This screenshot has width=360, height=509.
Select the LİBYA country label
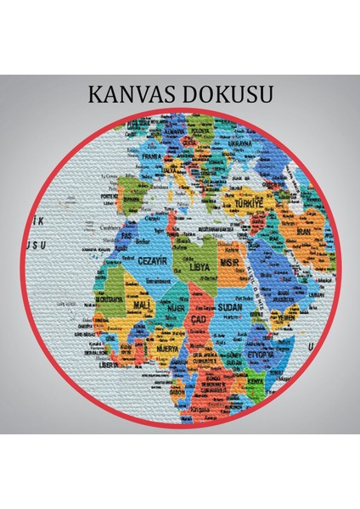(x=200, y=267)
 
